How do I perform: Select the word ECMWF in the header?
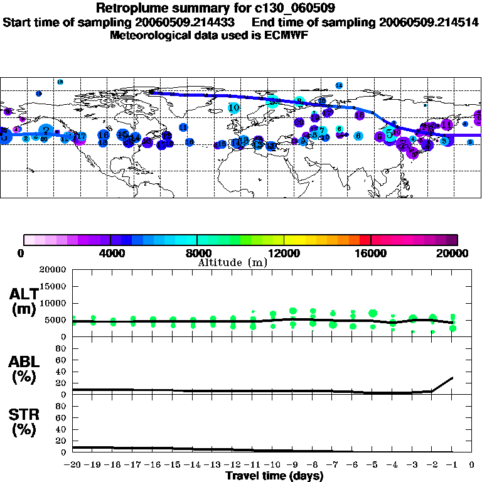(288, 35)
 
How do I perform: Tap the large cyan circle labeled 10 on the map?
(234, 108)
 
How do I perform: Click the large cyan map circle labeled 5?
(390, 134)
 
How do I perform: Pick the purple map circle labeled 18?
(360, 115)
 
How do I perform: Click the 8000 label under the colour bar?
(197, 253)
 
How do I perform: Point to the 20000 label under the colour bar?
(454, 253)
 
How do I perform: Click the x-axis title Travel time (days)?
(274, 476)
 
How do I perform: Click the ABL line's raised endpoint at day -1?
(452, 378)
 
